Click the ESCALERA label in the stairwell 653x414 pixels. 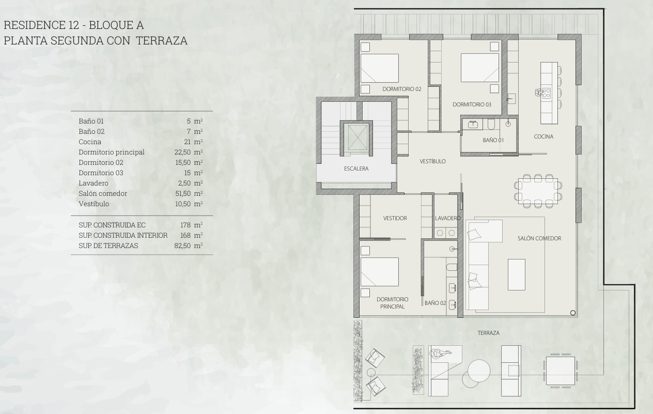(356, 168)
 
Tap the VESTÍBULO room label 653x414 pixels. (432, 161)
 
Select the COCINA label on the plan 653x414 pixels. (543, 136)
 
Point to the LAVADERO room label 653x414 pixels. (448, 218)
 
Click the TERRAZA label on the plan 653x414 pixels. (489, 333)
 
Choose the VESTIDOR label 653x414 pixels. (395, 218)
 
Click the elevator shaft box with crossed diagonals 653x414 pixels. (356, 137)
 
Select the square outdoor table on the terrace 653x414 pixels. (561, 371)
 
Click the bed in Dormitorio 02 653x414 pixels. (380, 68)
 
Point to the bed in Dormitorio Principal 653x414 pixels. (380, 272)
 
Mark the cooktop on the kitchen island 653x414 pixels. (546, 93)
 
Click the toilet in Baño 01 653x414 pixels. (491, 125)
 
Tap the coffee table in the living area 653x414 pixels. (517, 274)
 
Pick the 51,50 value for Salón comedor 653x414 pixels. (183, 193)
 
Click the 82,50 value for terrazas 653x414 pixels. (182, 246)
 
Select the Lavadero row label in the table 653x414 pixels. (94, 183)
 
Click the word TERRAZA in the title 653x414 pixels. (162, 40)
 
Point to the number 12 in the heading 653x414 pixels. (74, 25)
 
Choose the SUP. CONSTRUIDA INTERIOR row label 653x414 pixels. (123, 236)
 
